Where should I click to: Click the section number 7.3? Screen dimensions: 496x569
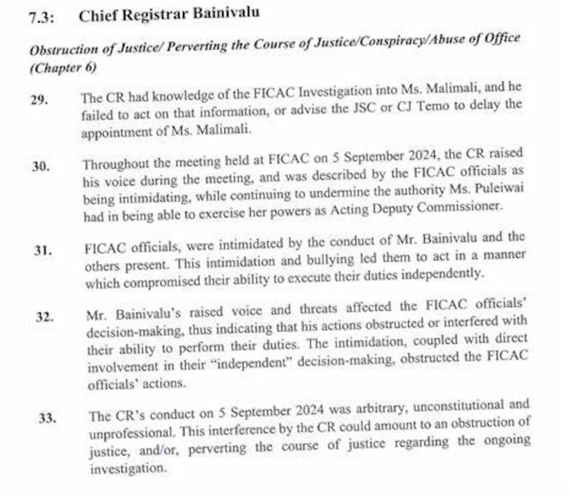41,18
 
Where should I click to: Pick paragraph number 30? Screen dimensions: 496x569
41,167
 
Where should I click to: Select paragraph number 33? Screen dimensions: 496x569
47,418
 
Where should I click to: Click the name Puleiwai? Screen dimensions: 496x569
500,190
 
